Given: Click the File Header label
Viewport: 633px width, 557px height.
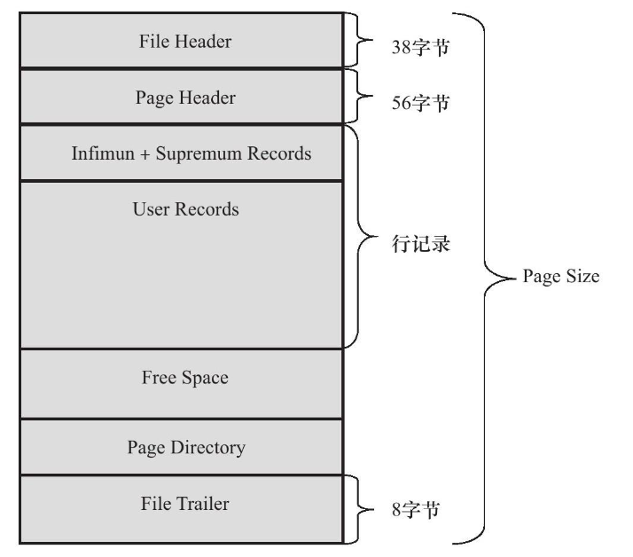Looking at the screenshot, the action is click(185, 41).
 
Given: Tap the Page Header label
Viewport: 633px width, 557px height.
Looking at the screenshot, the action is click(185, 98).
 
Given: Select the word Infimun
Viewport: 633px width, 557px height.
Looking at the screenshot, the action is click(103, 153).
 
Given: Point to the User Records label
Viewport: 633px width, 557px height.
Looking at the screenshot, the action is click(185, 209).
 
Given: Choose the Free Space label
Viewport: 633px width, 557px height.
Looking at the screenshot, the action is click(185, 378).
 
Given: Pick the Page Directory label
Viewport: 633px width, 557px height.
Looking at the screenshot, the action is click(186, 448).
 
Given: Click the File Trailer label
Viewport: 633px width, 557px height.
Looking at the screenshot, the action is click(185, 504).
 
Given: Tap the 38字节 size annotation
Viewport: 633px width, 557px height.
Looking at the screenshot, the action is click(420, 47).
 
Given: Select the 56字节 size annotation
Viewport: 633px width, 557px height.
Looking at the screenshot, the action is click(420, 103).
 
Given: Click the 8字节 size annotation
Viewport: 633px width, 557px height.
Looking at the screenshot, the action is click(416, 510).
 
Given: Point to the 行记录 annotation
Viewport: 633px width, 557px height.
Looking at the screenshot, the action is click(420, 245).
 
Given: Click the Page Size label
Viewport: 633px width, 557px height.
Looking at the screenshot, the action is click(561, 277).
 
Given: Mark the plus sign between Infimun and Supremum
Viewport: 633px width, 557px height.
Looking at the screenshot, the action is click(145, 154).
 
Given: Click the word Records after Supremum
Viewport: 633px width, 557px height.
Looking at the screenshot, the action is click(279, 153).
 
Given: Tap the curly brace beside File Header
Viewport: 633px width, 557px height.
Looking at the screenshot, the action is click(358, 40).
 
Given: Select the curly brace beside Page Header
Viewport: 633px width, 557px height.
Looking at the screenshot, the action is click(358, 96).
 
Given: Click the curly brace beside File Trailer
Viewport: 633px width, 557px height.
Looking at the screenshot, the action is click(358, 509).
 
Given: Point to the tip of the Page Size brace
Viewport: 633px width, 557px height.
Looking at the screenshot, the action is click(516, 278).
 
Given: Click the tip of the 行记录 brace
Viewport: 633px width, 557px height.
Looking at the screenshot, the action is click(378, 237).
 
